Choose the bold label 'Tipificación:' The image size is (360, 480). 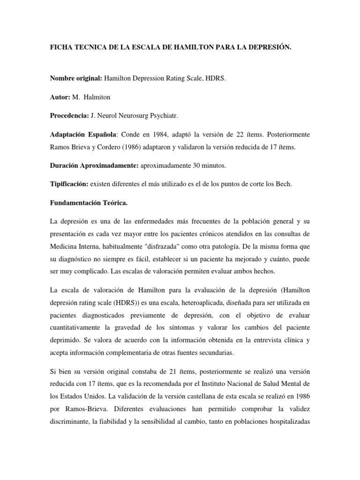click(70, 184)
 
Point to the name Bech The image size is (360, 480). click(283, 184)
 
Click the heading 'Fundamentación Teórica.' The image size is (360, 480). click(86, 203)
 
